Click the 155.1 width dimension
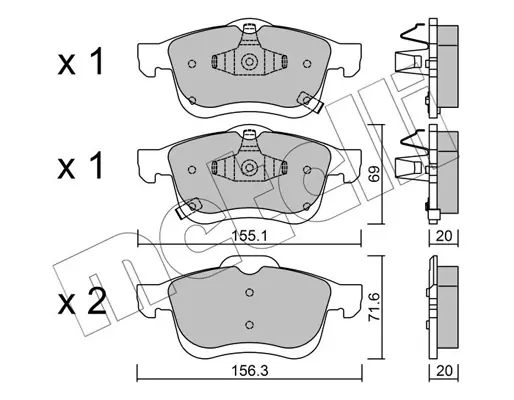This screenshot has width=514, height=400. [250, 237]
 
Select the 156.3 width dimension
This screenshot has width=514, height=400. [250, 371]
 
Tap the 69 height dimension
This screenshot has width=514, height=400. [375, 174]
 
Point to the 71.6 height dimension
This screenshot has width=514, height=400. [372, 306]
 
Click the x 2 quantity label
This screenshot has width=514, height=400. [82, 303]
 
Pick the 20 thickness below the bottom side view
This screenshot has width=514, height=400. [444, 371]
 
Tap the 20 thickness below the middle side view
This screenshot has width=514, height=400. [444, 236]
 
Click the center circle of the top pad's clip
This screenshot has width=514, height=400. [249, 62]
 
